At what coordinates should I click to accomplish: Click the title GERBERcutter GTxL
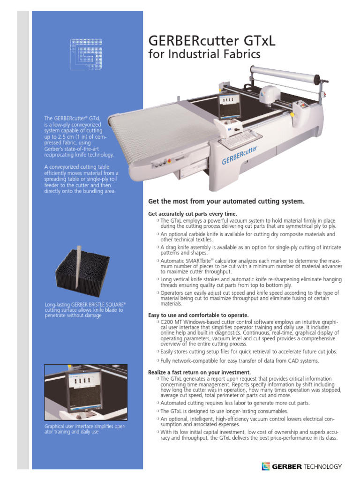click(x=211, y=41)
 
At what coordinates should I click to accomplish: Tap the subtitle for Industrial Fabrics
click(x=204, y=55)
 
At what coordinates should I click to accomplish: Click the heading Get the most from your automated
click(x=226, y=202)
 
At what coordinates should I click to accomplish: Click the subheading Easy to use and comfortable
click(x=198, y=315)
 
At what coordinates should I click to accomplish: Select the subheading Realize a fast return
click(x=196, y=372)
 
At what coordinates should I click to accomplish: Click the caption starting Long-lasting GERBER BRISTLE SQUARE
click(x=85, y=310)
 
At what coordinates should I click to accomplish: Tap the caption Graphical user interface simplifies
click(x=84, y=429)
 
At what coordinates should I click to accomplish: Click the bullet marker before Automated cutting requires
click(x=157, y=403)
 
